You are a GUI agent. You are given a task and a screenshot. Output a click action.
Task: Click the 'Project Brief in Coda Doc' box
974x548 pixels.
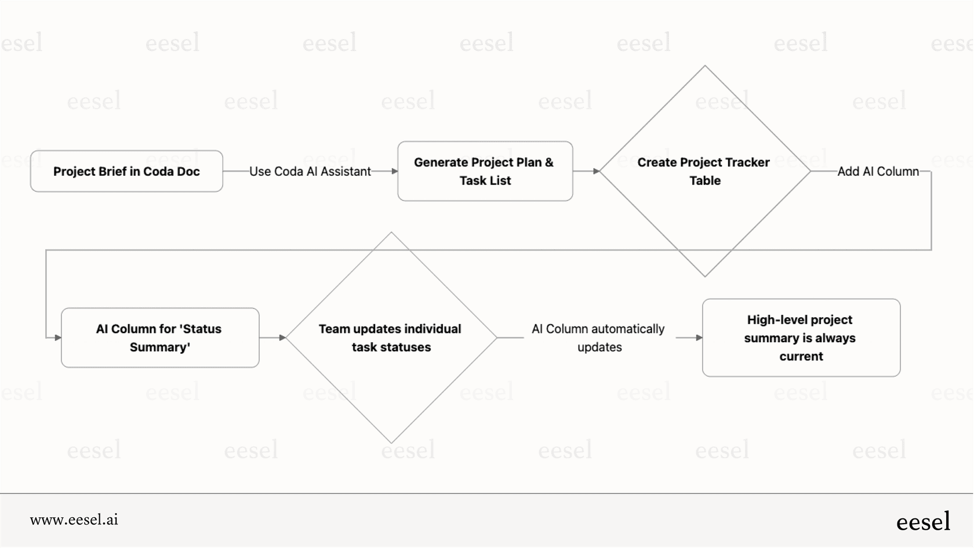(x=126, y=171)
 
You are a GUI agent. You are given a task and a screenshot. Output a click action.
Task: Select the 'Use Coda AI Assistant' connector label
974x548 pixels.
(x=310, y=171)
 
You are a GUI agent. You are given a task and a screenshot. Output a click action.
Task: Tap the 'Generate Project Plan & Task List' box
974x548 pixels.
(x=485, y=171)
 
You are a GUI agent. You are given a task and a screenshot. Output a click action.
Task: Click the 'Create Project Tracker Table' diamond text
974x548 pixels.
(x=704, y=171)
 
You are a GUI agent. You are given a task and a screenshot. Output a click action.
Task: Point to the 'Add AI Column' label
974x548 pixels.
(x=878, y=171)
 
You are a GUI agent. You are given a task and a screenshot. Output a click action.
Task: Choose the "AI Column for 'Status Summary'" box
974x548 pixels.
(x=159, y=337)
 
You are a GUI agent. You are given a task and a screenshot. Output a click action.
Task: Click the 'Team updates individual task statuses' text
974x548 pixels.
(x=390, y=337)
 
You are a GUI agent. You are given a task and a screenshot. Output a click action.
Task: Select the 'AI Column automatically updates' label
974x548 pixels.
(x=598, y=337)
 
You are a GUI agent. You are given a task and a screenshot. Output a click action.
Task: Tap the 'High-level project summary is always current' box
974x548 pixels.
(x=801, y=337)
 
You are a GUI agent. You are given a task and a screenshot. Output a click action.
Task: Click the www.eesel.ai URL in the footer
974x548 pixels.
(x=74, y=520)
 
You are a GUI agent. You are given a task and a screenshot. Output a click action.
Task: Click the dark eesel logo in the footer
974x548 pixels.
(x=923, y=521)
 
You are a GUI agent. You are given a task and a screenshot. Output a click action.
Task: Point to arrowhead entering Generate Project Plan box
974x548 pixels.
(x=395, y=171)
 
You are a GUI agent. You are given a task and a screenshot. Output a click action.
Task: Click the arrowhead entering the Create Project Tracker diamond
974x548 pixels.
(x=597, y=171)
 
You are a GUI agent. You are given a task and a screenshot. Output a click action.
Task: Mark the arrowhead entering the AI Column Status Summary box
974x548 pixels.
(x=58, y=337)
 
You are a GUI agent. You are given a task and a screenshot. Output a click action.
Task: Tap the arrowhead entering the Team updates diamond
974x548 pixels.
(x=282, y=337)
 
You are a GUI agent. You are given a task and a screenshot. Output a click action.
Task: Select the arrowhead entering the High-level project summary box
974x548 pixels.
(x=699, y=337)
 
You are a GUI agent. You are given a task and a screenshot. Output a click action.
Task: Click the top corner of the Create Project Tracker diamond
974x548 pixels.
(x=705, y=66)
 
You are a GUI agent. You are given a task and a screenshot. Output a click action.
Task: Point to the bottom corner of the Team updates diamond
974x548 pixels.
(x=391, y=442)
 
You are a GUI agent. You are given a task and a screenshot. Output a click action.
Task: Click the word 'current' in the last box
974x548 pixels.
(x=801, y=356)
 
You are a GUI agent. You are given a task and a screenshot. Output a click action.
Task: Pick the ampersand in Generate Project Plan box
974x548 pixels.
(x=548, y=162)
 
